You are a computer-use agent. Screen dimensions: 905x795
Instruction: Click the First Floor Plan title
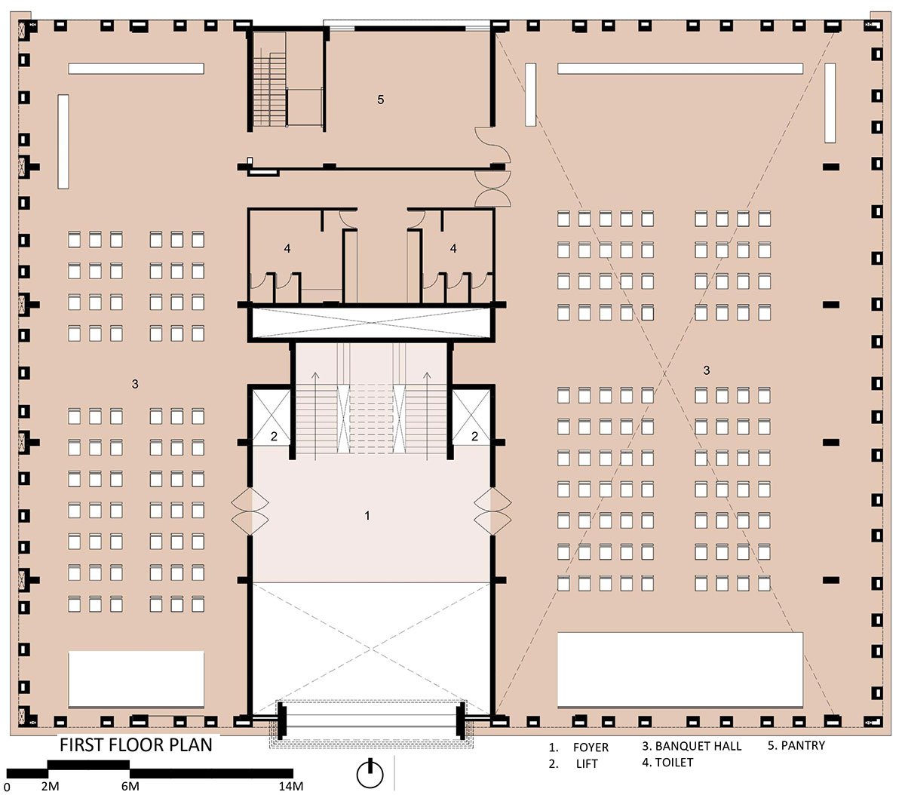coord(136,745)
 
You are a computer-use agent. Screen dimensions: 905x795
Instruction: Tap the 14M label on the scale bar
coord(291,786)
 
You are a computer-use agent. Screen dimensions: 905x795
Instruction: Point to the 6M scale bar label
coord(130,786)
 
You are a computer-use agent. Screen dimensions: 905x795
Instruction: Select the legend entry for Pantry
coord(796,745)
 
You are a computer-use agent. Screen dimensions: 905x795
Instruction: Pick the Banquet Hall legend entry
coord(692,746)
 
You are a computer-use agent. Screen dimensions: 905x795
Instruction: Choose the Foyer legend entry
coord(578,747)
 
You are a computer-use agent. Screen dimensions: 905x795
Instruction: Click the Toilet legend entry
coord(667,763)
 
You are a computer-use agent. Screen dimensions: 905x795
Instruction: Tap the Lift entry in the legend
coord(573,764)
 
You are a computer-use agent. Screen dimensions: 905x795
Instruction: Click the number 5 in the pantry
coord(381,100)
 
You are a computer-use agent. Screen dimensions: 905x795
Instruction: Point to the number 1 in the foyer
coord(367,516)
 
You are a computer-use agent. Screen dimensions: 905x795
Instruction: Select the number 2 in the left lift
coord(274,436)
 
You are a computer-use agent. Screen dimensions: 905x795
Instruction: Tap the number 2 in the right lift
coord(474,436)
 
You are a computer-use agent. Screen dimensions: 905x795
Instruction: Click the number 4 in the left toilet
coord(287,248)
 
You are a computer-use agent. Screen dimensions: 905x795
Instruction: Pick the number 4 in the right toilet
coord(453,248)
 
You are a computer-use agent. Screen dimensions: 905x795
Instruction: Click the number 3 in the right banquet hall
coord(706,370)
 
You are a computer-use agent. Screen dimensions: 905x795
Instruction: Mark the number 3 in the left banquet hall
coord(135,384)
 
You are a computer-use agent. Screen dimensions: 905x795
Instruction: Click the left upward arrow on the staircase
coord(315,416)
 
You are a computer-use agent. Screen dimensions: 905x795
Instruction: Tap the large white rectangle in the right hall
coord(680,670)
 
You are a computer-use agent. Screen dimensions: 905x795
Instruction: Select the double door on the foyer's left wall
coord(250,511)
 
